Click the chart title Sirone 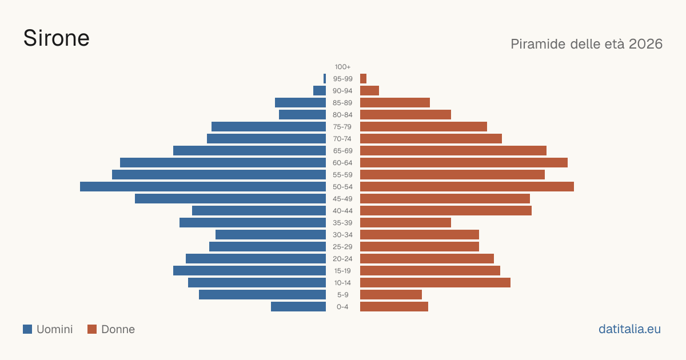tap(57, 38)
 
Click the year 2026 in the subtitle tap(645, 44)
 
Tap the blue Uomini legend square tap(27, 329)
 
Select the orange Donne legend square tap(92, 329)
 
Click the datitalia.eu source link tap(629, 329)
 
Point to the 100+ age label tap(342, 67)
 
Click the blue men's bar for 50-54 tap(203, 187)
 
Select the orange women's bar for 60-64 tap(464, 162)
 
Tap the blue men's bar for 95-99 tap(325, 79)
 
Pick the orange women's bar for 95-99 tap(363, 79)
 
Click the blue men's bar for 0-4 tap(298, 307)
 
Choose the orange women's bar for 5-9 tap(391, 295)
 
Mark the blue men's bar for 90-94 tap(320, 91)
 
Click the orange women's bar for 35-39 tap(405, 222)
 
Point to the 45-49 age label tap(342, 199)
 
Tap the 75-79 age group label tap(342, 127)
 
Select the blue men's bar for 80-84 tap(302, 115)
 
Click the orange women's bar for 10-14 tap(435, 282)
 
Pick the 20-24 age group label tap(342, 259)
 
